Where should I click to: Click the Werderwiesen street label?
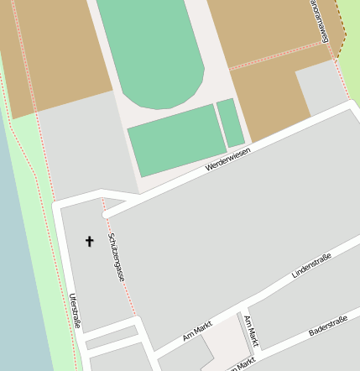[227, 160]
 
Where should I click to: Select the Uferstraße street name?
[76, 310]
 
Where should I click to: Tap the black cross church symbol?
[90, 242]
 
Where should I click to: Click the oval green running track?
[151, 50]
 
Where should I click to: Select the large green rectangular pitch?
[177, 138]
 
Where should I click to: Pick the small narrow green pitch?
[230, 123]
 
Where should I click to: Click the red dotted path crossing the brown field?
[277, 55]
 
